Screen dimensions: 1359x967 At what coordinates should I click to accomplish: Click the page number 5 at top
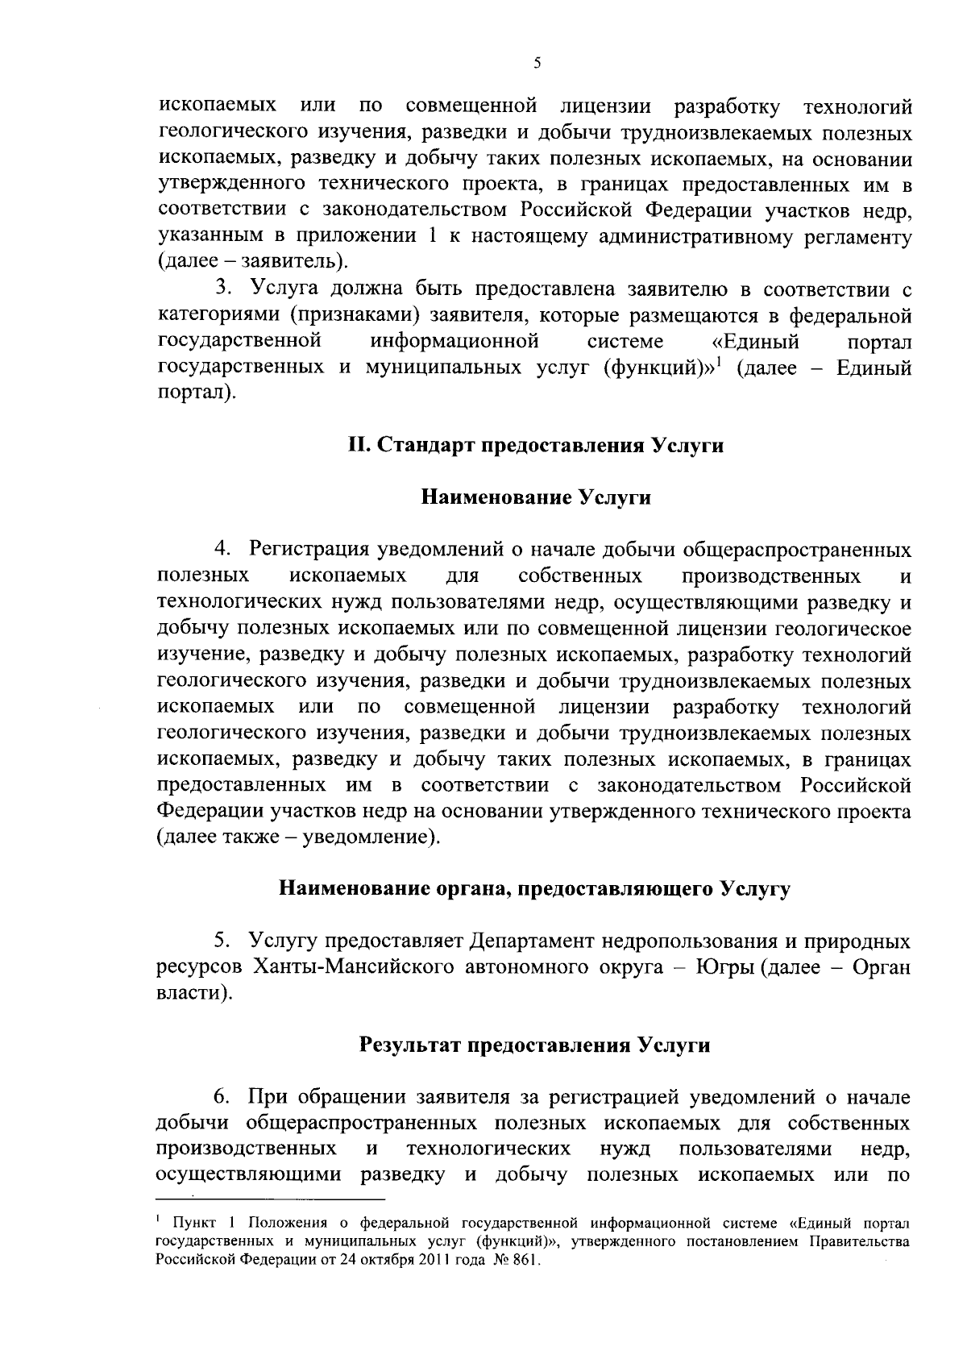[x=537, y=64]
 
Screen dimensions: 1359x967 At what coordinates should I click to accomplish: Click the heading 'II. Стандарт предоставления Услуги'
[x=535, y=446]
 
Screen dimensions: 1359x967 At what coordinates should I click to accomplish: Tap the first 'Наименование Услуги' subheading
[x=536, y=498]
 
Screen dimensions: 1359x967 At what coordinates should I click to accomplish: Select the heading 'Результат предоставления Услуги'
[x=534, y=1045]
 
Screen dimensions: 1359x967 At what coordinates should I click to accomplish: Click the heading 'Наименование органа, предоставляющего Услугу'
[x=534, y=889]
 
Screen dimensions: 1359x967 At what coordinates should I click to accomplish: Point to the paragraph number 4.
[x=221, y=551]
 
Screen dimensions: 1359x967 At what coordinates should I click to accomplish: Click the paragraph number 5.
[x=221, y=941]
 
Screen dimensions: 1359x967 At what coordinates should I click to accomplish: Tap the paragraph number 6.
[x=221, y=1097]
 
